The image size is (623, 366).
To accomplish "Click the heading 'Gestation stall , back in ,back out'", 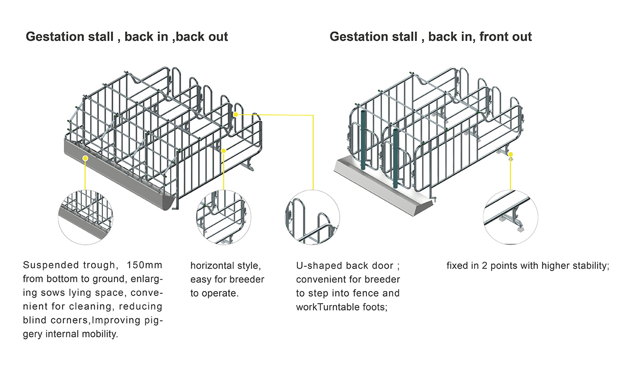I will point(127,37).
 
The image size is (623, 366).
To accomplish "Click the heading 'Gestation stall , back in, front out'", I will point(431,37).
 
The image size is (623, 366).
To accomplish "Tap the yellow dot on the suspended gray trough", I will point(85,158).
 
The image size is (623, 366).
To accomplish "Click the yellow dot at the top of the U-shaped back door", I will point(236,114).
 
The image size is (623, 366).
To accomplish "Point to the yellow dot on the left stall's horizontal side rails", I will point(224,151).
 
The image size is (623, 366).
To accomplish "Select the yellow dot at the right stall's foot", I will point(511,155).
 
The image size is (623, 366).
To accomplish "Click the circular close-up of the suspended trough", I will point(86,216).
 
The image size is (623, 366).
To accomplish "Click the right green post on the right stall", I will point(396,158).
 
